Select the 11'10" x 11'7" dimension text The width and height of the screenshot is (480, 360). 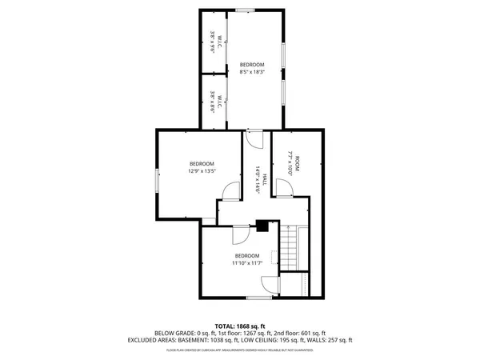(x=246, y=263)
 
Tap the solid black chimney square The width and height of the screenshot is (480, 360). (x=262, y=226)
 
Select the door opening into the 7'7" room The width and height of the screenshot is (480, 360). (x=283, y=188)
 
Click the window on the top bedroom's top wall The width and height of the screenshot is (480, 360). (x=246, y=10)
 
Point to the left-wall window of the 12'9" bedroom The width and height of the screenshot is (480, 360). (x=157, y=179)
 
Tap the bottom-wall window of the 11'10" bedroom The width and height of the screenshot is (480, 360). (x=258, y=298)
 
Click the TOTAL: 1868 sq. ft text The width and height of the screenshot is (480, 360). (x=240, y=326)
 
